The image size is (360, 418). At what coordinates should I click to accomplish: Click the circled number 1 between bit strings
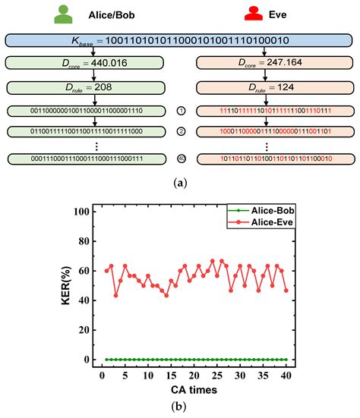pos(180,112)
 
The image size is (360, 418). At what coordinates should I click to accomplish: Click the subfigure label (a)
pos(179,182)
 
